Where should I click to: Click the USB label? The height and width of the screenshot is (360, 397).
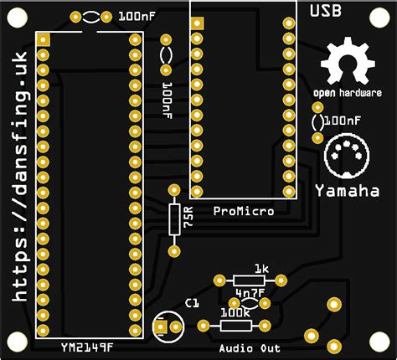click(x=326, y=11)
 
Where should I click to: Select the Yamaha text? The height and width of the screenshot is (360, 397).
click(x=347, y=191)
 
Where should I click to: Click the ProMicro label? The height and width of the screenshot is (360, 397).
click(x=244, y=211)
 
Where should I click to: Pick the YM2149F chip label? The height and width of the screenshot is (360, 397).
click(x=87, y=347)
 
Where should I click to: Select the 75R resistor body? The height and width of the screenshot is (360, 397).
click(x=174, y=220)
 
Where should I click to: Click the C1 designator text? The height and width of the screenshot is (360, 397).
click(x=193, y=302)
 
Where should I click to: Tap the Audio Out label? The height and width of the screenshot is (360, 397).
click(x=250, y=347)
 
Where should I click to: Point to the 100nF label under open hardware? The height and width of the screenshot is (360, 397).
click(x=343, y=121)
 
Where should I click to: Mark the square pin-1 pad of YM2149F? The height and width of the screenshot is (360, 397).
click(x=43, y=39)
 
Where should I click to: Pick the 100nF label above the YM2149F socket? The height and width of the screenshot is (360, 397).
click(x=136, y=16)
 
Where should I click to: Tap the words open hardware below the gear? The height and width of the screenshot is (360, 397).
click(x=348, y=92)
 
